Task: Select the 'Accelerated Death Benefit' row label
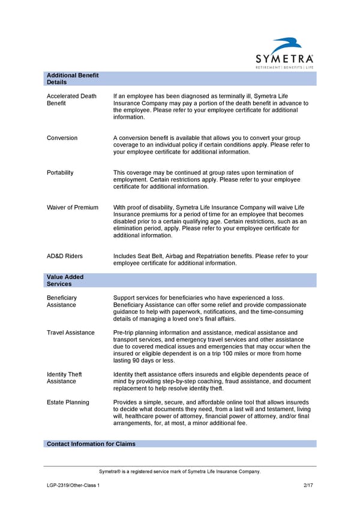(x=71, y=99)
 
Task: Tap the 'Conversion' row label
(x=62, y=138)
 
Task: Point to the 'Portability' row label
(x=60, y=173)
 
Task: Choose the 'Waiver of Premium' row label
(x=72, y=208)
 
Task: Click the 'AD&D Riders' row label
(x=64, y=256)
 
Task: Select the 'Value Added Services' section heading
(x=65, y=280)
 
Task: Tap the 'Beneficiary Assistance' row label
(x=61, y=301)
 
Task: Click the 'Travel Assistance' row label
(x=70, y=333)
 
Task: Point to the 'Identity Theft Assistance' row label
(x=64, y=378)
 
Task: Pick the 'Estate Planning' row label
(x=68, y=402)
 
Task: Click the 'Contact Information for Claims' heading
(x=91, y=444)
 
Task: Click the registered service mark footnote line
(x=180, y=472)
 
